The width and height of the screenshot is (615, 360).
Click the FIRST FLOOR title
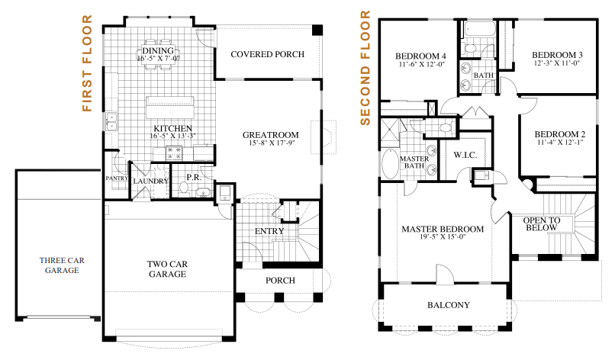pyautogui.click(x=87, y=63)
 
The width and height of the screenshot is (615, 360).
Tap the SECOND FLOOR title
pyautogui.click(x=365, y=68)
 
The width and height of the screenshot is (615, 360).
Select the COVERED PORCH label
pyautogui.click(x=268, y=54)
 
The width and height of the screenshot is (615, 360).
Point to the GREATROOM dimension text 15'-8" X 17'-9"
pyautogui.click(x=272, y=143)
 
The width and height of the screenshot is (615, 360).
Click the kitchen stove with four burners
pyautogui.click(x=174, y=153)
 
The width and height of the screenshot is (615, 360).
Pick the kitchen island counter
pyautogui.click(x=170, y=107)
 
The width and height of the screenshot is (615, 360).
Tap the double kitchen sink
pyautogui.click(x=111, y=121)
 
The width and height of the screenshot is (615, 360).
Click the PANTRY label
pyautogui.click(x=117, y=178)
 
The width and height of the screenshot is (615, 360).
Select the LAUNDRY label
pyautogui.click(x=150, y=182)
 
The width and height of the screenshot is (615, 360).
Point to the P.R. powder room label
pyautogui.click(x=194, y=177)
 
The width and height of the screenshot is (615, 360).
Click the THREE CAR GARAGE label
pyautogui.click(x=62, y=265)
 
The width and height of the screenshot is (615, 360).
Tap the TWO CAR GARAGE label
pyautogui.click(x=167, y=269)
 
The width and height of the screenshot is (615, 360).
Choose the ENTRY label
pyautogui.click(x=269, y=231)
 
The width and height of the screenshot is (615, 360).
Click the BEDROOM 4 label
pyautogui.click(x=420, y=56)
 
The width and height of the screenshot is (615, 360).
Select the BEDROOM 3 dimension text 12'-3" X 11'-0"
pyautogui.click(x=557, y=63)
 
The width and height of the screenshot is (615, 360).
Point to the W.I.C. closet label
pyautogui.click(x=465, y=155)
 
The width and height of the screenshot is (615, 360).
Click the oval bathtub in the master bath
pyautogui.click(x=390, y=163)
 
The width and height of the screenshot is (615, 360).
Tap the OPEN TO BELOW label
pyautogui.click(x=542, y=224)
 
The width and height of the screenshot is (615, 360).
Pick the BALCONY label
pyautogui.click(x=449, y=305)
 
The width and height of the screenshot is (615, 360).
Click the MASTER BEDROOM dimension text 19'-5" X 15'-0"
pyautogui.click(x=443, y=237)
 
